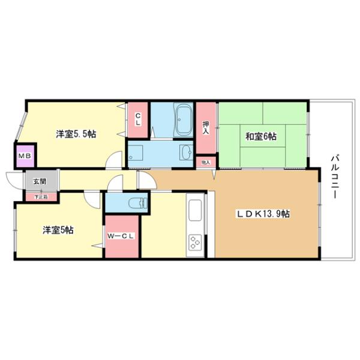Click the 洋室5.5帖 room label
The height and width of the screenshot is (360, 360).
point(76,134)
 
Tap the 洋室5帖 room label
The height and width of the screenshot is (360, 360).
point(58,230)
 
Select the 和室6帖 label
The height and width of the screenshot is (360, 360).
point(260,137)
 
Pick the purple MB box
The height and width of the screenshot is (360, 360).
point(25,157)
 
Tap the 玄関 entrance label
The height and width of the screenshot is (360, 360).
point(39,181)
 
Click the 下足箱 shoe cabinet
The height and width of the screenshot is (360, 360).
point(40,196)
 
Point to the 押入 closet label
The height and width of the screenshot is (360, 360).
point(206,127)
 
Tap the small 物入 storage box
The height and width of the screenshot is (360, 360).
point(205,162)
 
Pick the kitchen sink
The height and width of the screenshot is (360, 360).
point(196,211)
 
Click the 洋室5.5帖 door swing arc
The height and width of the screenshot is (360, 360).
point(113,161)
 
